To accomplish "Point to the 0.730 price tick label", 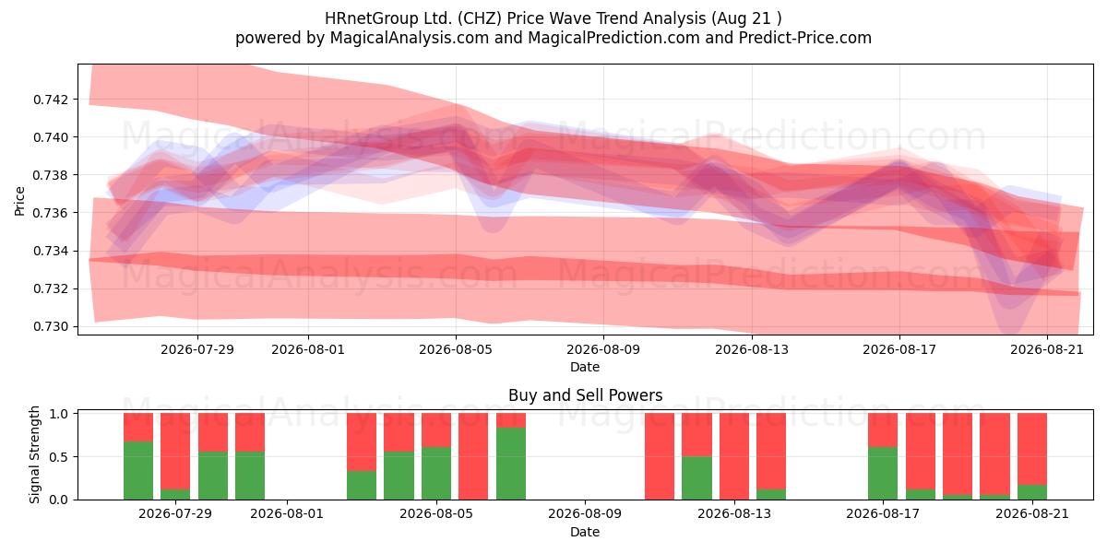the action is point(50,327).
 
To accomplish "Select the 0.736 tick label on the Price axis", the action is point(50,213).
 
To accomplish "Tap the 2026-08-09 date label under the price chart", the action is point(603,349).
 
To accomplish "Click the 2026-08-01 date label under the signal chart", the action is point(287,514).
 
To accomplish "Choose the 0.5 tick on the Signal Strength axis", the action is point(60,457).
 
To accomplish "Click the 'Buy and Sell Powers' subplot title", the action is point(585,395).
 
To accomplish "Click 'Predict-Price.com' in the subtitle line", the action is point(805,38).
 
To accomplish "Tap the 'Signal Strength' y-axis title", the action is point(34,454).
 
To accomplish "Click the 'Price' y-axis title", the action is point(19,202).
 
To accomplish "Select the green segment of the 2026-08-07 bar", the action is point(511,464).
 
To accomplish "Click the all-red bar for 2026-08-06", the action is point(473,456).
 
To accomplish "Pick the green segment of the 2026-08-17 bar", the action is point(883,474).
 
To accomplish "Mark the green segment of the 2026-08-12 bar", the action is point(696,478).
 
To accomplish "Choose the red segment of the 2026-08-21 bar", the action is point(1032,450).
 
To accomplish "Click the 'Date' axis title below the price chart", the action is point(585,368).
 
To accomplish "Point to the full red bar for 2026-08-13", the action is point(734,456).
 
